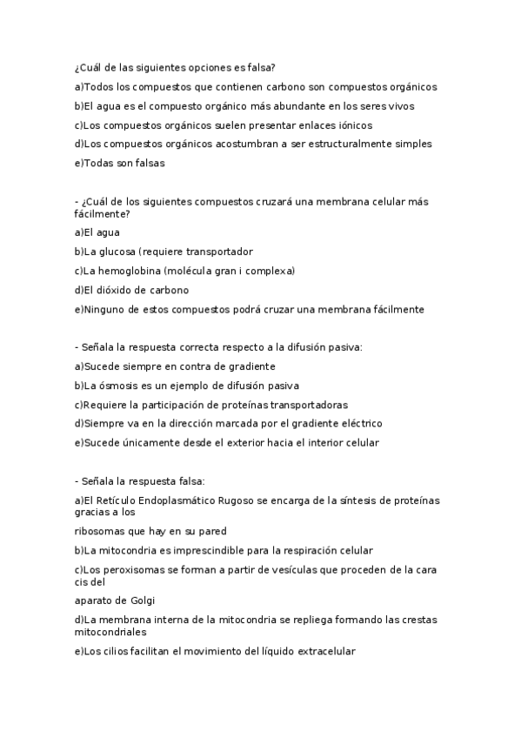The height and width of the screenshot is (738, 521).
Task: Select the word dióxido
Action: coord(117,290)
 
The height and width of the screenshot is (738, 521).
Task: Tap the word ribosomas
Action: coord(102,531)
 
